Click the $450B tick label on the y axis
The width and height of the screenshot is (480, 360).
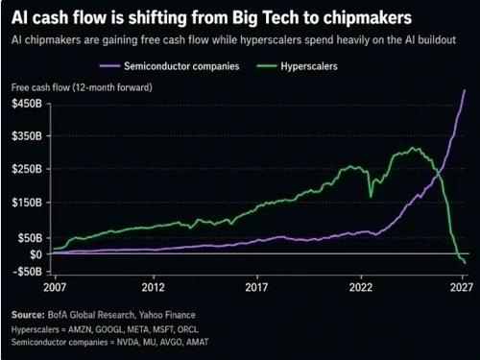point(27,104)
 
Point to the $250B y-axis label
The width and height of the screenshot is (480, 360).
point(27,169)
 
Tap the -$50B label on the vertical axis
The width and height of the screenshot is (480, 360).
point(27,272)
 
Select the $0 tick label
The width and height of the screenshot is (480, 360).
point(36,254)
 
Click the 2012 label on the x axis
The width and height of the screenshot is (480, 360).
point(153,287)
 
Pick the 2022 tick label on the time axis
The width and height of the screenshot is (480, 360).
point(361,287)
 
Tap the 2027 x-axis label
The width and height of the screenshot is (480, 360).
point(462,287)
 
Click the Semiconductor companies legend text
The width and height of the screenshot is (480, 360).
point(181,66)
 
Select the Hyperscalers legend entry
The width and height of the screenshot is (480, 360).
point(309,66)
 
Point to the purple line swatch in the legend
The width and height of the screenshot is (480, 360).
point(109,66)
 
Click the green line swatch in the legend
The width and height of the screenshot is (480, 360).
point(267,66)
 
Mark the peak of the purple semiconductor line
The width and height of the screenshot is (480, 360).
point(465,90)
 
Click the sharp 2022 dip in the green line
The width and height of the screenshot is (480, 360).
point(371,197)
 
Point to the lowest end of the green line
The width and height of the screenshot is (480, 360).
point(465,263)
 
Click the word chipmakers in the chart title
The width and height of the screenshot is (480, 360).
point(368,17)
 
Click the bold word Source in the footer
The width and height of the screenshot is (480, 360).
point(28,315)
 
